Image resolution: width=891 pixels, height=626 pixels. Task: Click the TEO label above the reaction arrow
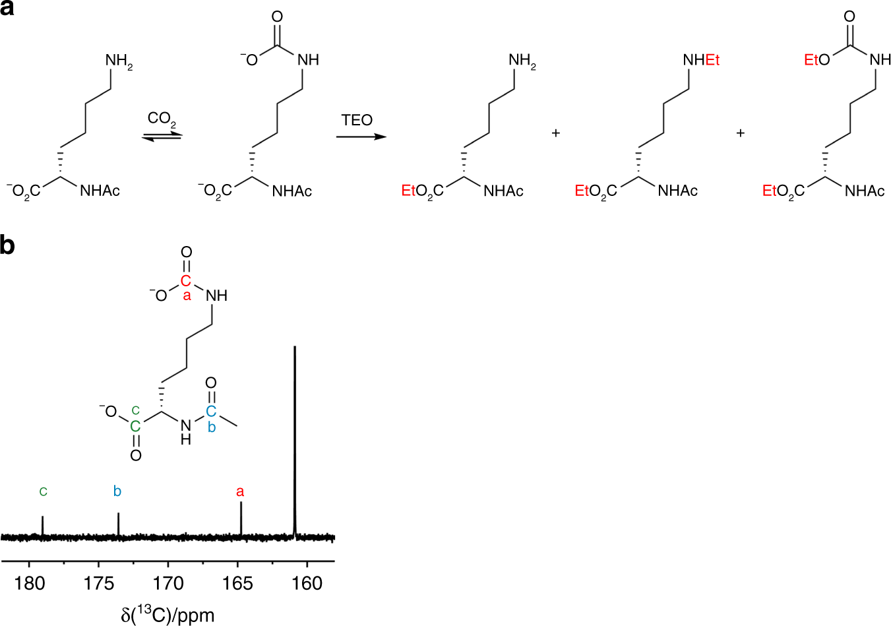pyautogui.click(x=357, y=120)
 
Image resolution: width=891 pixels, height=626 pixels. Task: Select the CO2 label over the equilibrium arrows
pyautogui.click(x=162, y=119)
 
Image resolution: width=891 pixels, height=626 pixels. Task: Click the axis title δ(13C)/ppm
pyautogui.click(x=168, y=615)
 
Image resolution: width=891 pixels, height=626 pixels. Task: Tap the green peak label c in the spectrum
pyautogui.click(x=43, y=491)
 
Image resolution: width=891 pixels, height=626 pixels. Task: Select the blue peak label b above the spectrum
pyautogui.click(x=117, y=491)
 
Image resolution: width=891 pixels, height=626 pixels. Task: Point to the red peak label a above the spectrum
pyautogui.click(x=240, y=492)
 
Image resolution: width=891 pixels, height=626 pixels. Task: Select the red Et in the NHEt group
pyautogui.click(x=712, y=60)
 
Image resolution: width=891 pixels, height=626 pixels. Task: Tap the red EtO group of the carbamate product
pyautogui.click(x=816, y=60)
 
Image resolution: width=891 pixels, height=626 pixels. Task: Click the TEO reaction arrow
pyautogui.click(x=360, y=137)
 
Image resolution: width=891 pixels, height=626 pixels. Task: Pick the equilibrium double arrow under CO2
pyautogui.click(x=162, y=135)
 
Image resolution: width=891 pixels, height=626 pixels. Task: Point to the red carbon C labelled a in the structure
pyautogui.click(x=186, y=282)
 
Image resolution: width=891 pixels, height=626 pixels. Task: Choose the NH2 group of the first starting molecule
pyautogui.click(x=119, y=61)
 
